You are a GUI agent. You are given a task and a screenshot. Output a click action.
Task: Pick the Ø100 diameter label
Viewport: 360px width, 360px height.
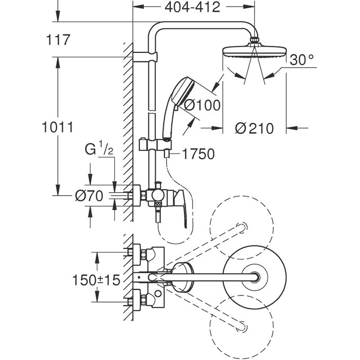click(x=200, y=105)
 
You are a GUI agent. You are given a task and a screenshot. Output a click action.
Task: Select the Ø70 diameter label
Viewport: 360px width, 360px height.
click(x=88, y=195)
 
